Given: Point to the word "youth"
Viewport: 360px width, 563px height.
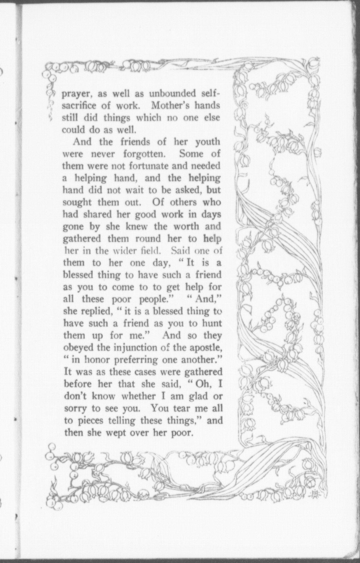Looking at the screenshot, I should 207,142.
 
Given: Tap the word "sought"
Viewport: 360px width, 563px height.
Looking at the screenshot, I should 77,203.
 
